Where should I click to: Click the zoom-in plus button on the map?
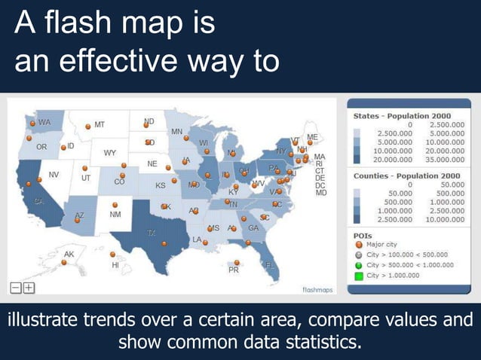click(29, 287)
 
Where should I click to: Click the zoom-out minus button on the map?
click(16, 287)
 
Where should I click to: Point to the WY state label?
click(110, 153)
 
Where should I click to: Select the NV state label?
click(54, 175)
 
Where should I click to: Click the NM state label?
click(115, 215)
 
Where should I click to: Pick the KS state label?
click(161, 185)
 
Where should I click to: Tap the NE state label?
click(152, 163)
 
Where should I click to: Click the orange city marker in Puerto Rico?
click(234, 262)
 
